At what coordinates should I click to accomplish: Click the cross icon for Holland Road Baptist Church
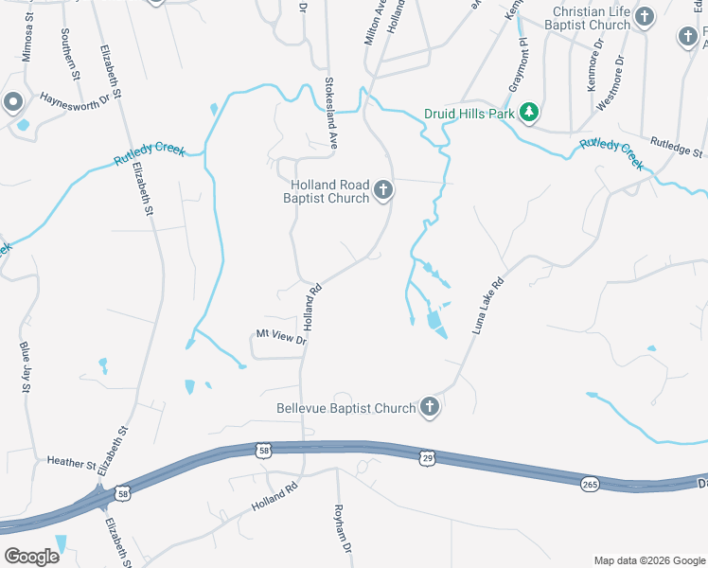pos(383,191)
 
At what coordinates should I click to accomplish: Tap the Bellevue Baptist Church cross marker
pos(430,408)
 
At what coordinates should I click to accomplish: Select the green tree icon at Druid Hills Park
pos(530,113)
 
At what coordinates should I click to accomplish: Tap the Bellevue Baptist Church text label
pos(345,409)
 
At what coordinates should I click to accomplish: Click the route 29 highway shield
pos(427,458)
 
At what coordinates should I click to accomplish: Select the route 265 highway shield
pos(591,484)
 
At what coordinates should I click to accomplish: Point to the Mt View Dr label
pos(281,335)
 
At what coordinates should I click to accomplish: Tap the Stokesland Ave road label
pos(332,112)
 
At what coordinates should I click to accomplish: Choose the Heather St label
pos(71,463)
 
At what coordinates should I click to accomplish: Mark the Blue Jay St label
pos(26,368)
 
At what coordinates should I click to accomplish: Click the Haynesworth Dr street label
pos(76,99)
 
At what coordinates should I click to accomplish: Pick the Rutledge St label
pos(676,147)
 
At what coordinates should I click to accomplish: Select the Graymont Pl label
pos(516,66)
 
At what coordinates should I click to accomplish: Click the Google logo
pos(31,557)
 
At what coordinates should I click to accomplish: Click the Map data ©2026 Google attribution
pos(648,560)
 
